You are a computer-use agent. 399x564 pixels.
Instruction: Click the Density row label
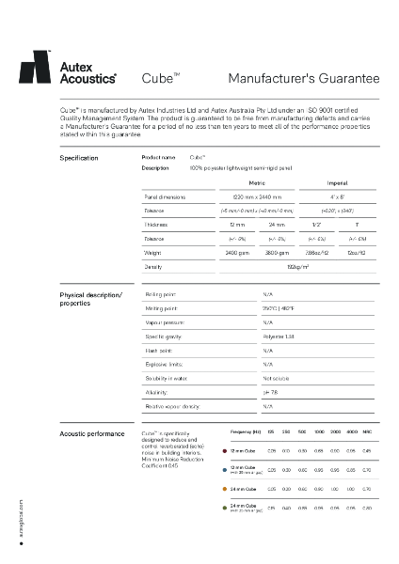153,267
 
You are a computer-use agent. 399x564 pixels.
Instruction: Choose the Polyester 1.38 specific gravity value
280,336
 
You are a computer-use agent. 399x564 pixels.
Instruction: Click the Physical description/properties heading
90,300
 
